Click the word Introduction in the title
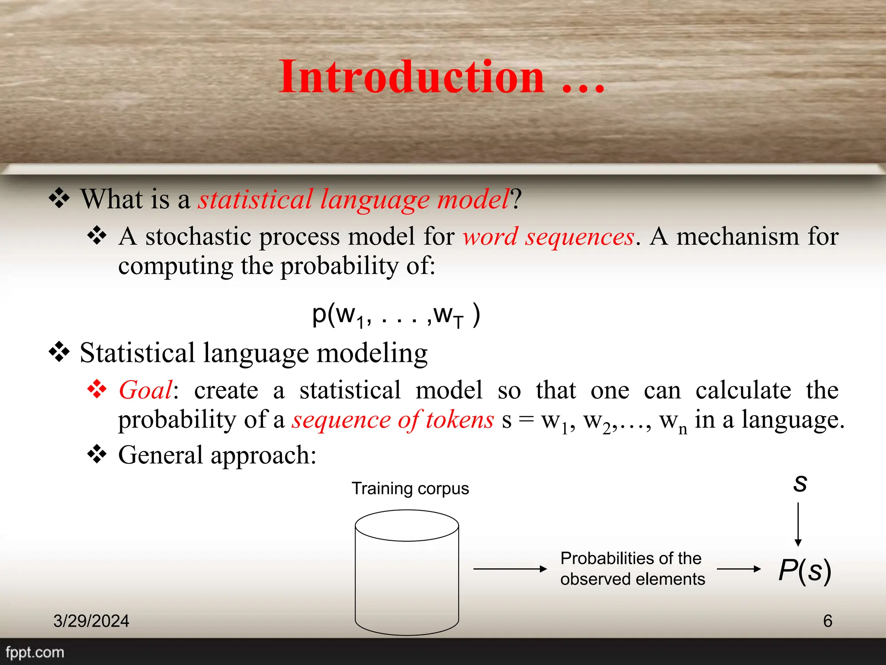click(412, 77)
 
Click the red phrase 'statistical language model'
click(353, 200)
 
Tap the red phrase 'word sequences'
click(548, 237)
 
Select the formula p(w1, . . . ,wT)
click(395, 315)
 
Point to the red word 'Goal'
click(145, 390)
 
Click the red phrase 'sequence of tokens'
click(392, 420)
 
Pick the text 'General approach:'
click(217, 455)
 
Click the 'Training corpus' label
click(410, 488)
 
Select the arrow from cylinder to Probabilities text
click(510, 569)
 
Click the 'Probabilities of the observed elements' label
click(632, 568)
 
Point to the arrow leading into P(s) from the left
click(738, 569)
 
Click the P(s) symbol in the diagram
click(804, 570)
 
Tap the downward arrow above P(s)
click(798, 524)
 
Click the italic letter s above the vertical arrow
click(800, 483)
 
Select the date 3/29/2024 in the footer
click(91, 621)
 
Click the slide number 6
click(828, 621)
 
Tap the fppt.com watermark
click(35, 652)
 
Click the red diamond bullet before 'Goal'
click(97, 389)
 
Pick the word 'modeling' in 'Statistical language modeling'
click(372, 353)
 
